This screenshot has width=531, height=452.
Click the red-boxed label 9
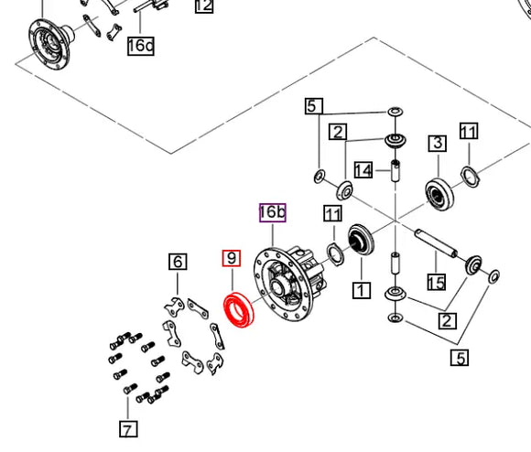click(232, 258)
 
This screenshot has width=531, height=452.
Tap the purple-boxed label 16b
click(273, 213)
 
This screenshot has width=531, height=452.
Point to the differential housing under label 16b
click(287, 283)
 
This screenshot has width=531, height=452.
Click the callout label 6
click(178, 262)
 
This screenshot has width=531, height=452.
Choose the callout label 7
click(128, 429)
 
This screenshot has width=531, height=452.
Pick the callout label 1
click(362, 291)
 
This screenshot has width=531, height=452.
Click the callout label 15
click(437, 282)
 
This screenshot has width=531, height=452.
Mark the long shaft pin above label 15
click(436, 242)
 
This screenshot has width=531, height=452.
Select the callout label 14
click(363, 170)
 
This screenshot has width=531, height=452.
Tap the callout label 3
click(438, 143)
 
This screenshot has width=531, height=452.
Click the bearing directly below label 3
click(439, 195)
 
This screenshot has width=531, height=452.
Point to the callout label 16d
click(141, 46)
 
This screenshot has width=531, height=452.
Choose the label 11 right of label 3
click(469, 131)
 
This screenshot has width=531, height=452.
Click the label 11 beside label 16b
click(333, 213)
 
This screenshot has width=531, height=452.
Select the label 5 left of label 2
click(314, 106)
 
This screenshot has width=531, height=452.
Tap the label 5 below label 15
click(460, 357)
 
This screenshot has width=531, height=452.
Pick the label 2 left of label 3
click(338, 132)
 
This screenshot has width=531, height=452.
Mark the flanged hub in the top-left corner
click(50, 44)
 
